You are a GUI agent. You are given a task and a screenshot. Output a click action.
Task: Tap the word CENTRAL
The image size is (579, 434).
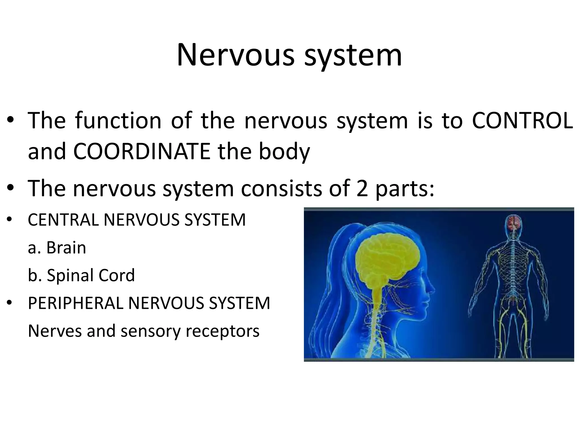[63, 220]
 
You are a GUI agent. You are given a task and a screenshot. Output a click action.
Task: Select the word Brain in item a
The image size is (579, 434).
[66, 248]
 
